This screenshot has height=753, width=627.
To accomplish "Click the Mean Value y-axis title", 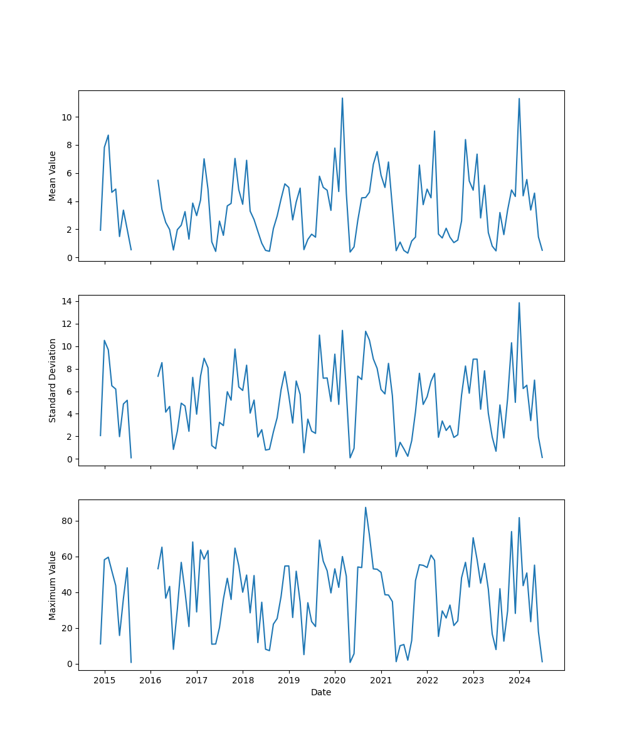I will (x=53, y=176).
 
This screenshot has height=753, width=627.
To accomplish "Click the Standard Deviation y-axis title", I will (x=53, y=380).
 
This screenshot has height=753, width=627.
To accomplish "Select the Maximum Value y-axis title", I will (x=53, y=585).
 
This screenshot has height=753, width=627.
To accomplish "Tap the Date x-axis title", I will (x=321, y=692).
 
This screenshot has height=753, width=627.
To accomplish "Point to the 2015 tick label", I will (x=105, y=680).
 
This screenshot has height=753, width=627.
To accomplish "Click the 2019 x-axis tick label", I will (x=288, y=680).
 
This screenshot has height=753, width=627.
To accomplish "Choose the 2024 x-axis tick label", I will (x=519, y=680).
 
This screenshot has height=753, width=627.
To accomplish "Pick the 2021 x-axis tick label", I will (x=381, y=680).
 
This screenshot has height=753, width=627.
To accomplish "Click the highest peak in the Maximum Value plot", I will (x=366, y=507).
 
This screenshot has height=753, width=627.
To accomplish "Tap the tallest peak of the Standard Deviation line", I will (x=519, y=302).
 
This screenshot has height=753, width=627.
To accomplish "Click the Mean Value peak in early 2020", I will (x=342, y=98).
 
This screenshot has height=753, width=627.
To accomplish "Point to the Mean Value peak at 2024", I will (x=519, y=99).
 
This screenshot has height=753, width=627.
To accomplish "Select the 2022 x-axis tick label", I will (x=427, y=680).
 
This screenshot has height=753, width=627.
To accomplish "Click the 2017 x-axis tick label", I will (x=197, y=680).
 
